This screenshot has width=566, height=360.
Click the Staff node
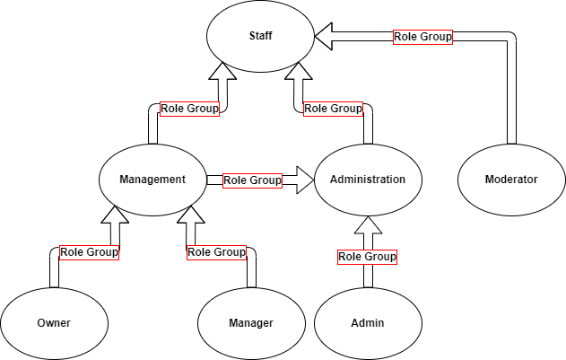point(260,36)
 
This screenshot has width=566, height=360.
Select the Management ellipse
point(152,180)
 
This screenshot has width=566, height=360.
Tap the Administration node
point(368,180)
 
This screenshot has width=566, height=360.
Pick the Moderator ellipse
point(511,180)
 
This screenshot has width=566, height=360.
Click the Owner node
point(54,323)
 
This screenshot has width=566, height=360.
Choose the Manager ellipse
point(251,323)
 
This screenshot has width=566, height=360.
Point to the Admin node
point(368,323)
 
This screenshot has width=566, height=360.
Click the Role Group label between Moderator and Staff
point(422,37)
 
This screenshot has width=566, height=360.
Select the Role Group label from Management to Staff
point(189,109)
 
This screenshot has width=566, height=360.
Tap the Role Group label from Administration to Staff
point(333,109)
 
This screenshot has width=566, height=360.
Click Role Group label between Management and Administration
point(252,180)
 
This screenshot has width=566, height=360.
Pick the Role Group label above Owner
point(89,252)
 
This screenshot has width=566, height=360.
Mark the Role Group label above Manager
point(216,252)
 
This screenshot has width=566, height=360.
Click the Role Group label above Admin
point(367,257)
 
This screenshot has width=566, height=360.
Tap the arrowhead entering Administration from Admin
point(368,224)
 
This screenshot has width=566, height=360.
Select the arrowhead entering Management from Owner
point(117,216)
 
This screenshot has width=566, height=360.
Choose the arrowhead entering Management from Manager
point(188,216)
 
